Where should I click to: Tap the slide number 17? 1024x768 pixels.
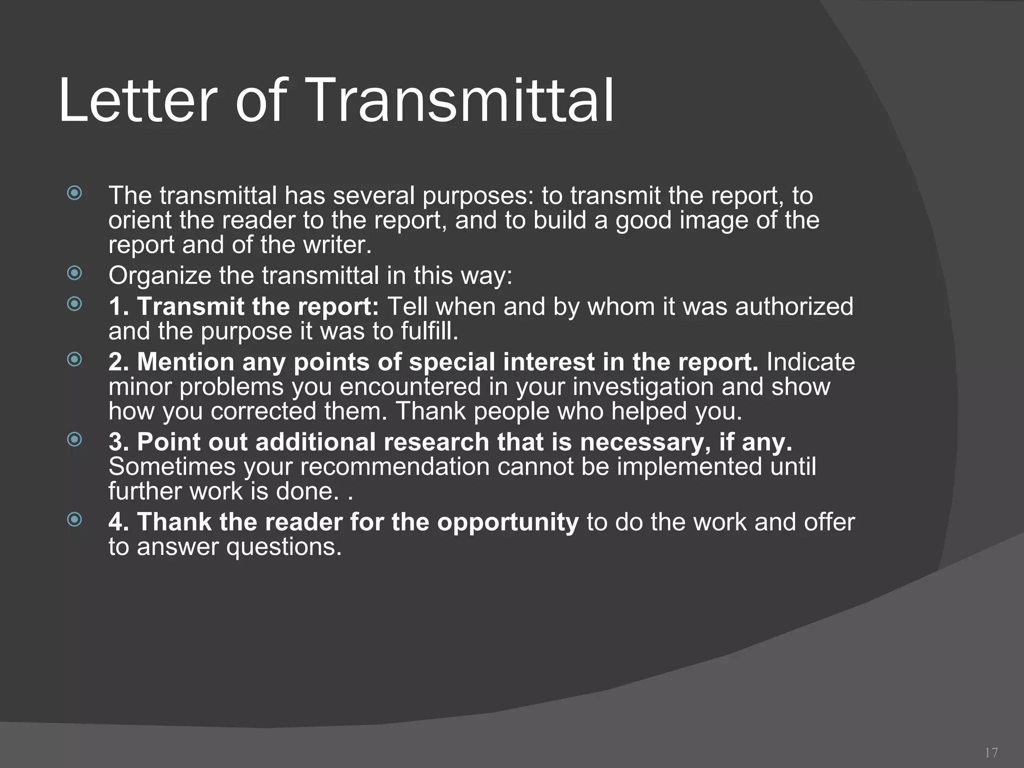(991, 752)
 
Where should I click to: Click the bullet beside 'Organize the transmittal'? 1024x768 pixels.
(74, 273)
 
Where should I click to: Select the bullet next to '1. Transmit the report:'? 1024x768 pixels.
(74, 303)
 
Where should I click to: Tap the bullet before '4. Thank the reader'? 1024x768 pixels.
(74, 519)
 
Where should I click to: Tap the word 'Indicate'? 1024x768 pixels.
(810, 362)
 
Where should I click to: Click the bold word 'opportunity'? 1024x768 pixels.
(507, 522)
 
